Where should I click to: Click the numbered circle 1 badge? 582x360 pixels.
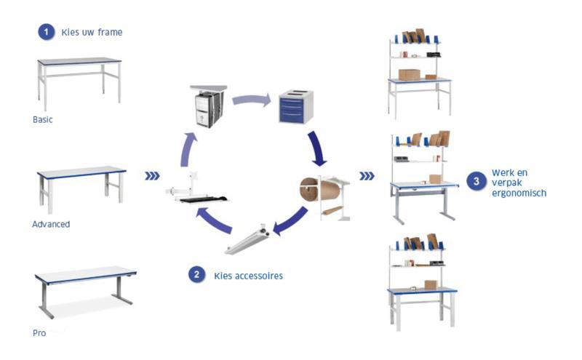(47, 32)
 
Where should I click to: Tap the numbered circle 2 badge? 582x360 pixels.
(196, 275)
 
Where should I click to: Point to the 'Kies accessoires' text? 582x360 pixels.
(248, 276)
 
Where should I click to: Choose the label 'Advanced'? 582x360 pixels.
(51, 224)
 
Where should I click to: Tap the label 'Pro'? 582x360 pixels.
(39, 332)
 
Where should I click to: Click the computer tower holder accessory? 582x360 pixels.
(207, 106)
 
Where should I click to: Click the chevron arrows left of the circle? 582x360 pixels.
(152, 176)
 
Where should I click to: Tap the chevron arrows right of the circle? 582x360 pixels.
(367, 175)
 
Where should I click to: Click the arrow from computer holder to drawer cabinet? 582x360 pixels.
(251, 99)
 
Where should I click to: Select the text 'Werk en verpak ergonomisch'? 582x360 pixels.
(519, 183)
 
